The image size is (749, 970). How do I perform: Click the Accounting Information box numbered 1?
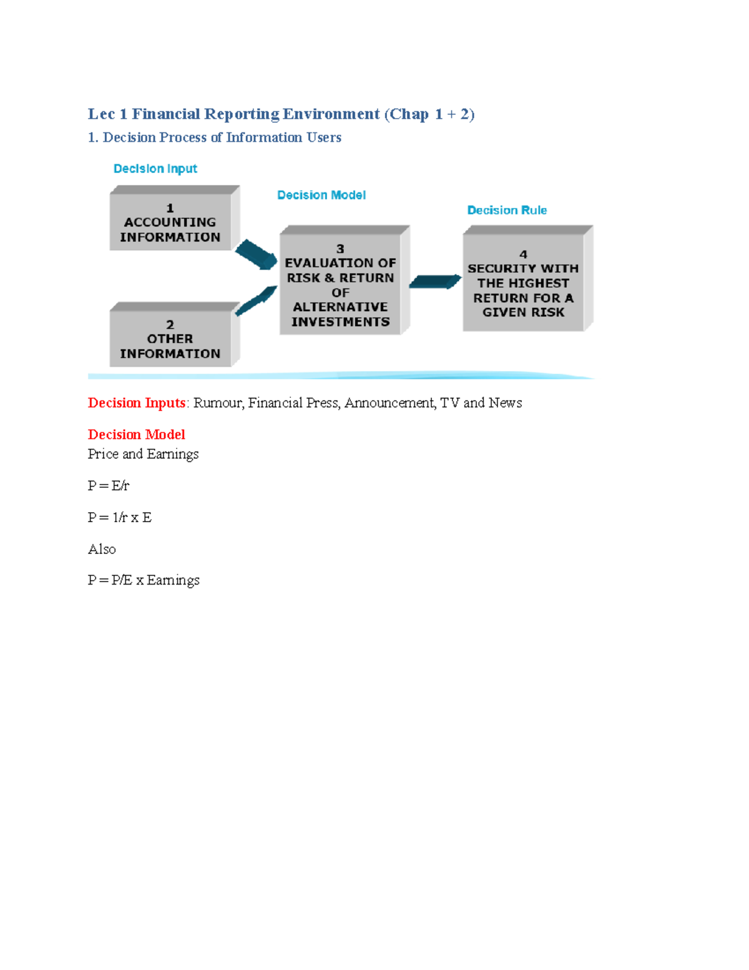pos(170,222)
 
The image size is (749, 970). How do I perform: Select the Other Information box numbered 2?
pos(170,339)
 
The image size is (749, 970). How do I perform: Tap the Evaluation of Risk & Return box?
pos(340,285)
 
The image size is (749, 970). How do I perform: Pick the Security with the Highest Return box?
pos(523,283)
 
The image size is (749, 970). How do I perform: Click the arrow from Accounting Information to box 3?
pos(256,254)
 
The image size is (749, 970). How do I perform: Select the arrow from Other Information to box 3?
pos(256,300)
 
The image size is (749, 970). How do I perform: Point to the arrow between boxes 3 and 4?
pos(435,282)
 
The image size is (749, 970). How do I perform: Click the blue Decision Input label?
pos(155,169)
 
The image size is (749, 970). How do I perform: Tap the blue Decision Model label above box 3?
pos(321,195)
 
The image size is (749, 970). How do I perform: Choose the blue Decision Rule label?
pos(507,210)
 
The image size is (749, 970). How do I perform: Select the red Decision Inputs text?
pos(137,403)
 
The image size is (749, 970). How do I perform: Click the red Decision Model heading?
pos(137,435)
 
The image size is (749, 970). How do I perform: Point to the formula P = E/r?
pos(109,485)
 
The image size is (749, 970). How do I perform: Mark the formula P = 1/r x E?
pos(120,517)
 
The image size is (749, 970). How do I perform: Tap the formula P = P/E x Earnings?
pos(144,580)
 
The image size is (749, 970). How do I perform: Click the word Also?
pos(102,549)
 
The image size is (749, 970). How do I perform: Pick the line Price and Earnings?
pos(143,454)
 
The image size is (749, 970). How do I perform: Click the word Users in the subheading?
pos(324,137)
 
